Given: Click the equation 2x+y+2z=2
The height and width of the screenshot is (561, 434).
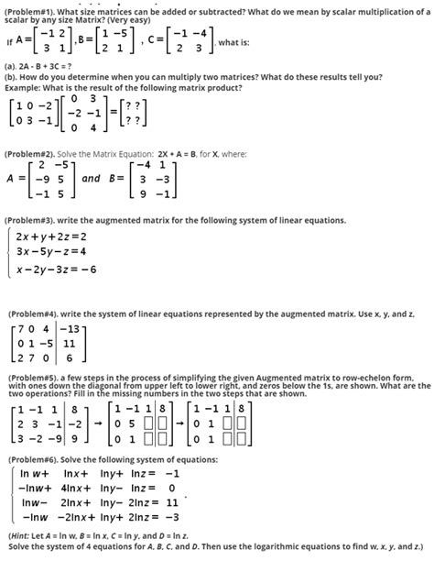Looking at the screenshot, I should point(50,236).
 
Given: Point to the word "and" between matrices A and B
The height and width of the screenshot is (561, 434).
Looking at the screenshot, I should point(91,180).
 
